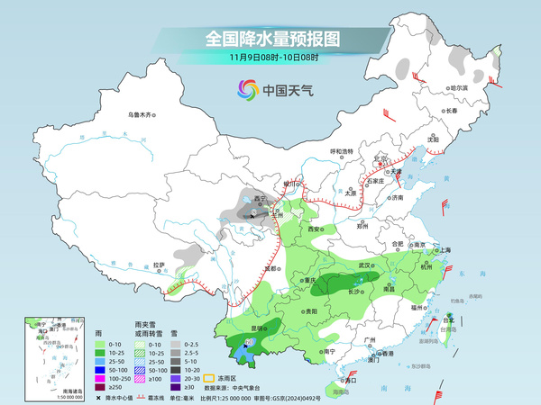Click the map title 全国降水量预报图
(271, 40)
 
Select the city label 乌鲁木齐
(142, 114)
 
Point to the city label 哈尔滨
(461, 88)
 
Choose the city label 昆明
(259, 328)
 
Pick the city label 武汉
(365, 265)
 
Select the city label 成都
(267, 267)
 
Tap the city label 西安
(315, 230)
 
